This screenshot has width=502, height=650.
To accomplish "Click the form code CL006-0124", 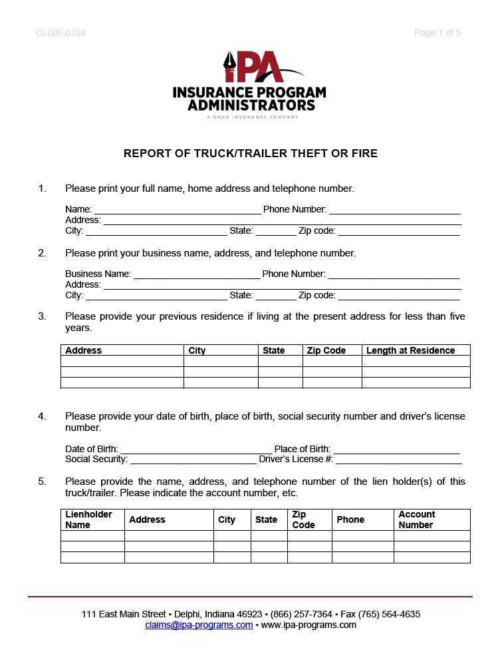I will [x=61, y=33].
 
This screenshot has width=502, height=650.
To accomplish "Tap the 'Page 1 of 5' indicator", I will [x=437, y=33].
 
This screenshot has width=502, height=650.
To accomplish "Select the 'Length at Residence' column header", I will [x=410, y=350].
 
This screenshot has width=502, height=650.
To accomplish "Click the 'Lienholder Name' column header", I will [x=88, y=519].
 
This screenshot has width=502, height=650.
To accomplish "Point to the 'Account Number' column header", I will [x=416, y=519].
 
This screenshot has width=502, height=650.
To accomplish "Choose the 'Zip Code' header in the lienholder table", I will [x=303, y=519].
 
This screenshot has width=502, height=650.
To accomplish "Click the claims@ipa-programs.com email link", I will [x=199, y=625].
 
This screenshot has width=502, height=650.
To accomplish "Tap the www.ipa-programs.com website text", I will [x=309, y=625].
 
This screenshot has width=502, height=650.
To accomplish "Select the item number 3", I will [x=42, y=316].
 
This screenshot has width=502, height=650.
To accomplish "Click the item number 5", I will [x=42, y=482].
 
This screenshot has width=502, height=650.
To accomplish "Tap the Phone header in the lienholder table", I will [x=350, y=519].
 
